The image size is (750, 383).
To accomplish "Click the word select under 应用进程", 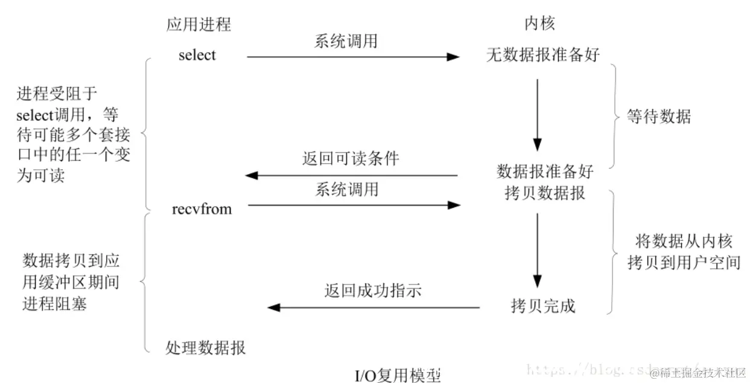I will point(197,55).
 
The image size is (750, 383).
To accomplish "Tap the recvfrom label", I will point(202,210).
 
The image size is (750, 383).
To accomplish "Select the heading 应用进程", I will point(199,24).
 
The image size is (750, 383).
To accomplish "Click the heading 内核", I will point(539,24).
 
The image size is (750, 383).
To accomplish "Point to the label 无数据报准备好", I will point(543,55).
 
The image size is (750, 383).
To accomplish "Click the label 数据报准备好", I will point(544,172).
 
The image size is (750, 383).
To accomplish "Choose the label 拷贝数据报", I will point(544,194).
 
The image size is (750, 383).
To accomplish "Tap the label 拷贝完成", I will point(543,306).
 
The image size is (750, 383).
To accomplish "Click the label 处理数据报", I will point(206,348).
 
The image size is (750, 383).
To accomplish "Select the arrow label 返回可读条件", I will point(351,159).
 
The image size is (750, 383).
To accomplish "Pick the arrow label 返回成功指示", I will point(372,291).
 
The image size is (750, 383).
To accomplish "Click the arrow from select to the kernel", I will point(354,57).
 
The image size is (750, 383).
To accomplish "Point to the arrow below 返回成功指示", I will point(374,307).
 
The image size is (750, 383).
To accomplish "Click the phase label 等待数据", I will point(658,117).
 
